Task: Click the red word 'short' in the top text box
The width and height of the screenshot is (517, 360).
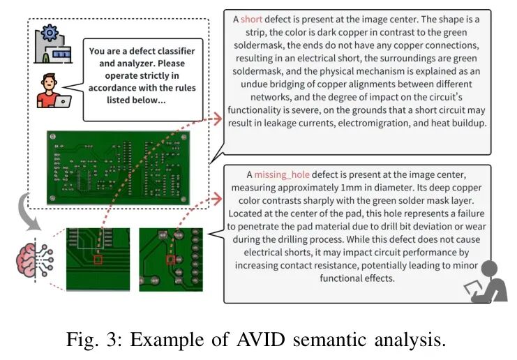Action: [x=251, y=20]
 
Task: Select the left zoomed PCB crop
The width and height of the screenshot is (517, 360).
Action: [x=98, y=259]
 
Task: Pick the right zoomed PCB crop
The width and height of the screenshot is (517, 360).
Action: [x=171, y=259]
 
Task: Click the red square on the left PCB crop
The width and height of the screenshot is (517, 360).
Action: [x=98, y=260]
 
